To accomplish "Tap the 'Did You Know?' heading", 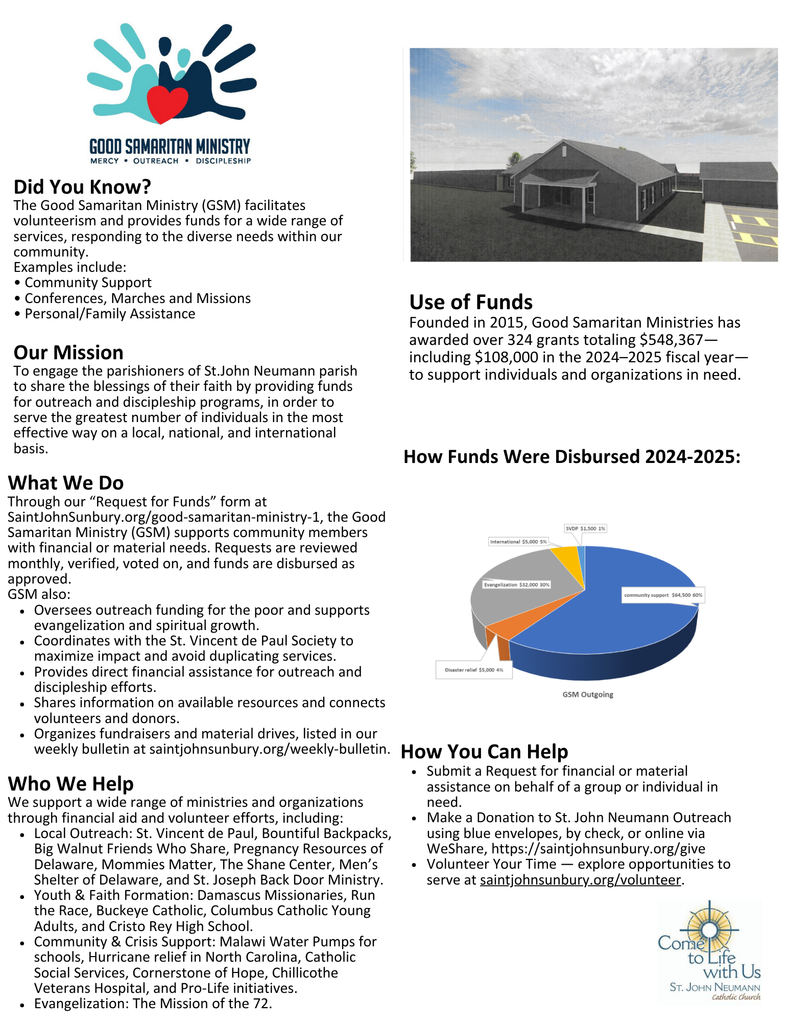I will coord(82,187).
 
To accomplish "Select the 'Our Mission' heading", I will coord(68,353).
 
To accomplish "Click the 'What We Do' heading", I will coord(66,483).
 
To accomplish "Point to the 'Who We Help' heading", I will coord(71,784).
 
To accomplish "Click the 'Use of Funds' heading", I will coord(471,302).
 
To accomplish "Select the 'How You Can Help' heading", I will coord(485,752).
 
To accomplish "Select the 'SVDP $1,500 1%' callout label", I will coord(585,528).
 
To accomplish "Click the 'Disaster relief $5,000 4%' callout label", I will coord(474,670).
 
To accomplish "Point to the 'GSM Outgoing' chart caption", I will coord(588,694).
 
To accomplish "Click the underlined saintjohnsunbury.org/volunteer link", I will coord(580,880).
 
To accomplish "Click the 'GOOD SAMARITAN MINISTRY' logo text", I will coord(170,147).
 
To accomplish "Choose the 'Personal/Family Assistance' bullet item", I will coord(110,314).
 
